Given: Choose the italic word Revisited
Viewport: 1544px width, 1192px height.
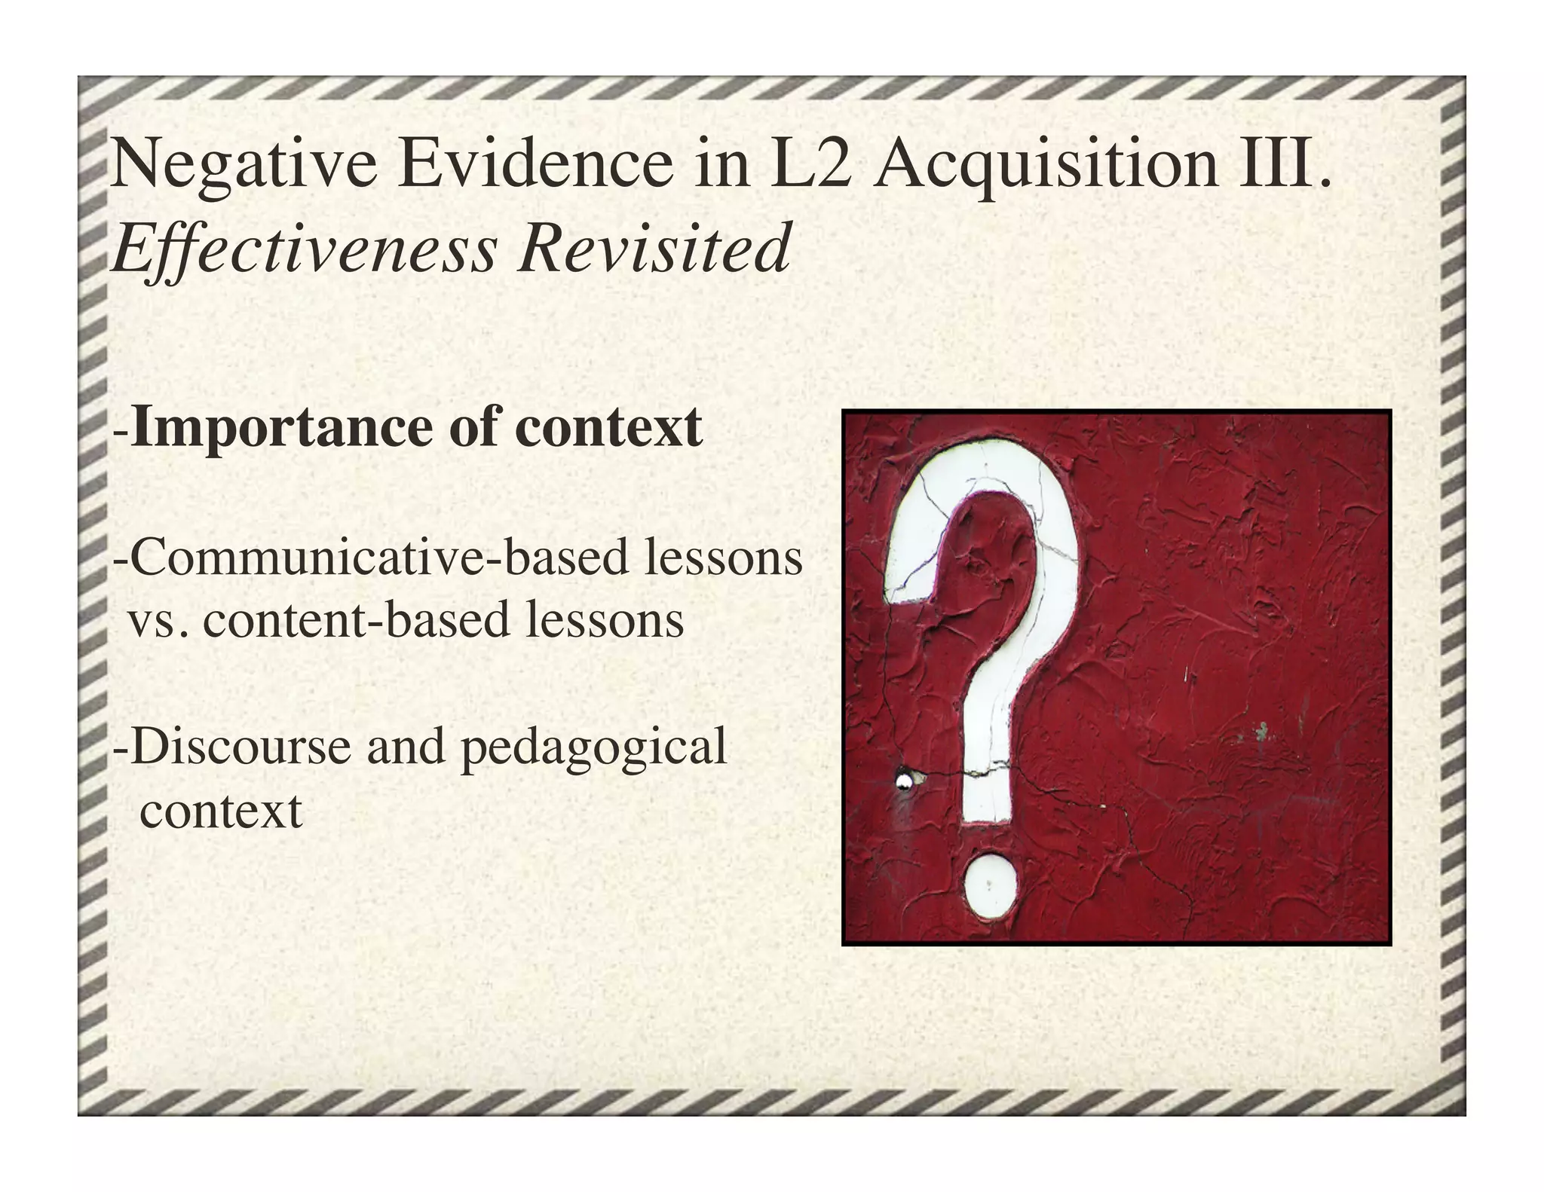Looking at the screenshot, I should pyautogui.click(x=653, y=249).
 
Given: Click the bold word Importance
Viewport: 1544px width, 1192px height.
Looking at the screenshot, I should pyautogui.click(x=283, y=428).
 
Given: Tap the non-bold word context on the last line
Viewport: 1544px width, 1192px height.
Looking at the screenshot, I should pyautogui.click(x=221, y=811).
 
